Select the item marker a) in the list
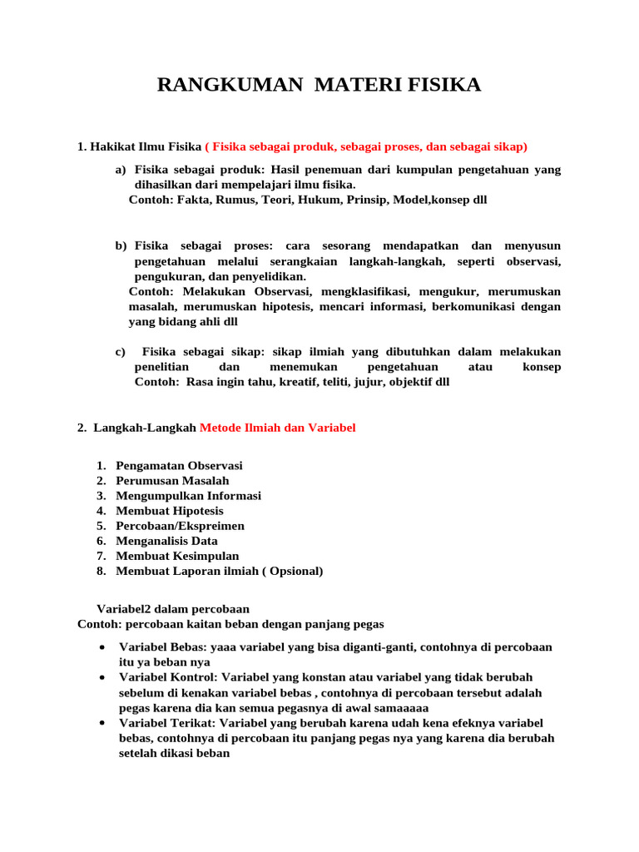point(121,170)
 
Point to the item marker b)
point(121,246)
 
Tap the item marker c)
point(120,352)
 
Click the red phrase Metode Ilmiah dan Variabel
point(277,428)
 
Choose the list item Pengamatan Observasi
point(179,466)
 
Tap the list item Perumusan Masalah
point(172,481)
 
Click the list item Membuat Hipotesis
point(170,511)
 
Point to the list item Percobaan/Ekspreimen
point(180,526)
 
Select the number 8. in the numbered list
point(101,571)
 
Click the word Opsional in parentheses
point(293,571)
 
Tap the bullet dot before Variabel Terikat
point(101,723)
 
